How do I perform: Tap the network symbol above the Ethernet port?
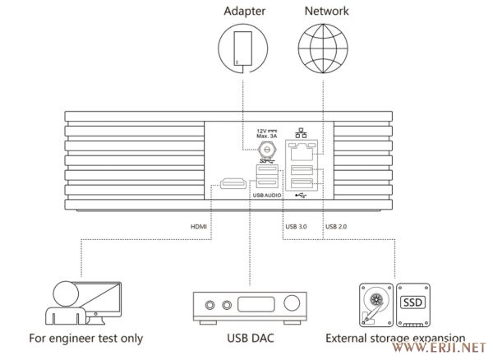tap(300, 134)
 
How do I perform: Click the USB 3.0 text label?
tap(297, 227)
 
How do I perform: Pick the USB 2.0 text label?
tap(337, 227)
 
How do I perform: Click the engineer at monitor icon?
tap(73, 301)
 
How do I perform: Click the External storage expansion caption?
tap(395, 338)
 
